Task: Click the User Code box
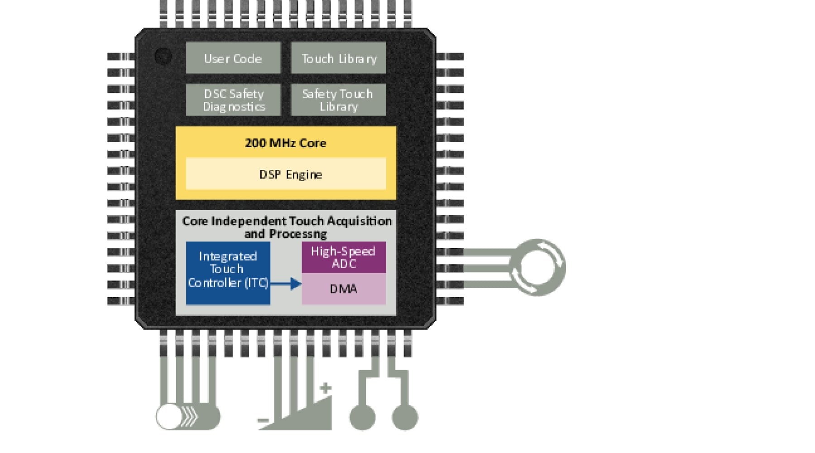pyautogui.click(x=233, y=58)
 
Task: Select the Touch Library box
pyautogui.click(x=339, y=58)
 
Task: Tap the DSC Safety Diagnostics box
pyautogui.click(x=233, y=100)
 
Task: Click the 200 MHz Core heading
pyautogui.click(x=286, y=143)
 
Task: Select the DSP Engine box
pyautogui.click(x=286, y=174)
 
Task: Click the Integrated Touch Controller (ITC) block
pyautogui.click(x=228, y=272)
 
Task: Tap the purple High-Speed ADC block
pyautogui.click(x=344, y=257)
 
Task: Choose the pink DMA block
pyautogui.click(x=344, y=289)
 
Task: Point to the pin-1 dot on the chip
pyautogui.click(x=163, y=56)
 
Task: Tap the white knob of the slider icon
pyautogui.click(x=169, y=417)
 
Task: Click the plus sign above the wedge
pyautogui.click(x=325, y=388)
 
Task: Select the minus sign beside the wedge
pyautogui.click(x=263, y=420)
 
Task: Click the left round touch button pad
pyautogui.click(x=362, y=417)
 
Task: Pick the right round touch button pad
pyautogui.click(x=404, y=417)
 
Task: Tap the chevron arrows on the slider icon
pyautogui.click(x=190, y=417)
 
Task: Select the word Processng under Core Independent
pyautogui.click(x=298, y=234)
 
